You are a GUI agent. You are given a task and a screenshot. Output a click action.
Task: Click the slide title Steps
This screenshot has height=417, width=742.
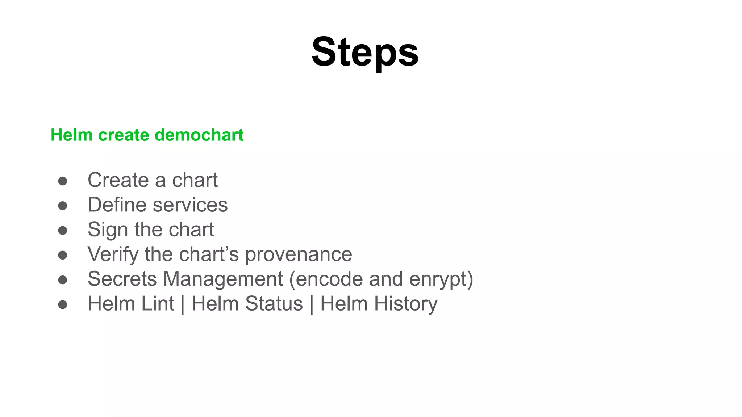tap(365, 52)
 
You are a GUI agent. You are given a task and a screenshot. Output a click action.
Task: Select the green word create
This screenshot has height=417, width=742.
tap(124, 135)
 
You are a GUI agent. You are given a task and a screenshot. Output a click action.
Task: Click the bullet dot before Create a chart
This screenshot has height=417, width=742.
tap(63, 181)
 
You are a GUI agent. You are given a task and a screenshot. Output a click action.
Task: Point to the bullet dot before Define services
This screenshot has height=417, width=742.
tap(63, 206)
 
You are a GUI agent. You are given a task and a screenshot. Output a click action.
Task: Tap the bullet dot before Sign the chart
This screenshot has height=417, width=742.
tap(63, 230)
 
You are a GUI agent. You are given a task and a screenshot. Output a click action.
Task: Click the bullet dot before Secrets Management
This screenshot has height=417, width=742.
tap(63, 279)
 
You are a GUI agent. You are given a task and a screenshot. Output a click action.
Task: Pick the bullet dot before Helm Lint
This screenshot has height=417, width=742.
tap(63, 304)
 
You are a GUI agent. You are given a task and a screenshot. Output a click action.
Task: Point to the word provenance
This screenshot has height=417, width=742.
tap(299, 254)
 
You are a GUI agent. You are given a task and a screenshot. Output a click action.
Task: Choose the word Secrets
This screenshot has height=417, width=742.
tap(122, 279)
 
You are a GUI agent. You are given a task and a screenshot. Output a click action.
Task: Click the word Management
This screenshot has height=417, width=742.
tap(223, 279)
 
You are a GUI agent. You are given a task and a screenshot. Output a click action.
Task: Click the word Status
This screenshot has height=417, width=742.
tap(274, 303)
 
